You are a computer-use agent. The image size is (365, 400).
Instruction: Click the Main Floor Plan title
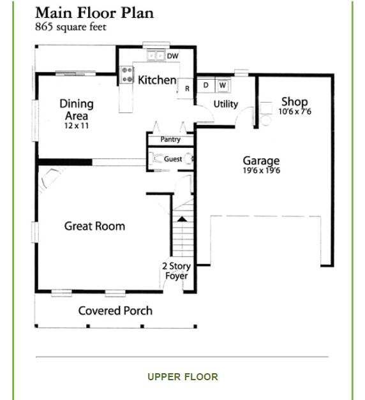(x=94, y=13)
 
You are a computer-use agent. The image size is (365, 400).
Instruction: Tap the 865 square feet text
(x=70, y=27)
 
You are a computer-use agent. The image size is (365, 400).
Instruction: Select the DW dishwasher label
(x=172, y=56)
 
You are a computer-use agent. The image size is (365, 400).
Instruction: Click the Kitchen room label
(x=157, y=80)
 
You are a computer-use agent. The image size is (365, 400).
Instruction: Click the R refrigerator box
(x=187, y=89)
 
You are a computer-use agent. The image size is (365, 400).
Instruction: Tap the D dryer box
(x=206, y=85)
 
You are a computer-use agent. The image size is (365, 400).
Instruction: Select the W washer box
(x=222, y=85)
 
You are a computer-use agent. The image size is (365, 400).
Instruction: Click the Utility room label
(x=226, y=104)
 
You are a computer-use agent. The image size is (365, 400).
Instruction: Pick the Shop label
(x=295, y=101)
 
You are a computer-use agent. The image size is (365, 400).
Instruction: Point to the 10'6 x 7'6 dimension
(x=295, y=112)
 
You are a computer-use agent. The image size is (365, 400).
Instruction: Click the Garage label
(x=261, y=161)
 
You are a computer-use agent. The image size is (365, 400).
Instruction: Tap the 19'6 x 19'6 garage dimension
(x=261, y=171)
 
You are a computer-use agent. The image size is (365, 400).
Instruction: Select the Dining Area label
(x=77, y=109)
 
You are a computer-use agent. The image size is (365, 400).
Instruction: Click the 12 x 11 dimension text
(x=77, y=126)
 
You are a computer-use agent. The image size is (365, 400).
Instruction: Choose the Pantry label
(x=170, y=139)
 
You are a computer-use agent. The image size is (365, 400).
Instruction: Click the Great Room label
(x=94, y=226)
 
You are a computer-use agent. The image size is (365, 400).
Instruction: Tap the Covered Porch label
(x=115, y=311)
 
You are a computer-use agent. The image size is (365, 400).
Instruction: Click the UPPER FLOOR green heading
(x=182, y=376)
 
